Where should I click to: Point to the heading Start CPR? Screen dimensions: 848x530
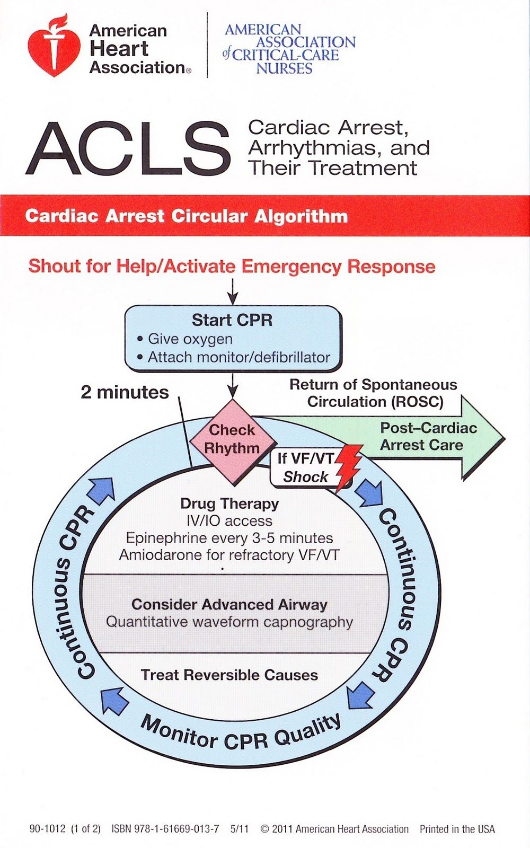pyautogui.click(x=232, y=320)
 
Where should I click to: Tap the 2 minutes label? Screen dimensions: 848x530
pyautogui.click(x=125, y=392)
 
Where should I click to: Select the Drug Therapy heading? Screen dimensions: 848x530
pyautogui.click(x=229, y=503)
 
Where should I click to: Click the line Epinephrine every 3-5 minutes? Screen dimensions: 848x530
pyautogui.click(x=229, y=538)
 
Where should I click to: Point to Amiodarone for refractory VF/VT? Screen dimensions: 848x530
pyautogui.click(x=229, y=555)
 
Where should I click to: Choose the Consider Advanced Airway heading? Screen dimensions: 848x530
pyautogui.click(x=229, y=604)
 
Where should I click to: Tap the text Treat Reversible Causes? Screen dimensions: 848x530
pyautogui.click(x=229, y=675)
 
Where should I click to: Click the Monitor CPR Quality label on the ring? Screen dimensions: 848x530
pyautogui.click(x=241, y=734)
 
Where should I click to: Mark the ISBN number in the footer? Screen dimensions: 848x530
pyautogui.click(x=165, y=829)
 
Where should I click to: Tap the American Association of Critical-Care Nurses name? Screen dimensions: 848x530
pyautogui.click(x=289, y=49)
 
